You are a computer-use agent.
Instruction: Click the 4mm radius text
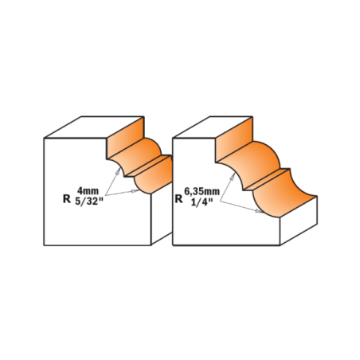click(x=88, y=191)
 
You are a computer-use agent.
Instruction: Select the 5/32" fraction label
click(x=88, y=201)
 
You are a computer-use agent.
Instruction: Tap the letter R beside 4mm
click(x=67, y=198)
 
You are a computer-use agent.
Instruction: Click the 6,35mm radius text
click(x=202, y=191)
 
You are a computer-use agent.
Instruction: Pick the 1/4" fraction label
click(x=202, y=202)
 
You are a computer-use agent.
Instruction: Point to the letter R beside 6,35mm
click(x=178, y=198)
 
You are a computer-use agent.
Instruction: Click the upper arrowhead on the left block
click(x=117, y=171)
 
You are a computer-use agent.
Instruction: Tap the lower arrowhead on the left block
click(x=135, y=191)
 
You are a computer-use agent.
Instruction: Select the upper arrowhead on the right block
click(x=233, y=176)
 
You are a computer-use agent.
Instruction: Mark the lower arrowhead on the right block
click(x=259, y=211)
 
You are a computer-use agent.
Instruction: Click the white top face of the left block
click(x=94, y=127)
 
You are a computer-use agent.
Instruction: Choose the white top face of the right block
click(x=213, y=127)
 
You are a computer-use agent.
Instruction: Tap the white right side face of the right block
click(x=299, y=221)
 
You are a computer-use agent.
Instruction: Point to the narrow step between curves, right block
click(x=266, y=179)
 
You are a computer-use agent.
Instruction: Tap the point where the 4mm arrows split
click(x=105, y=194)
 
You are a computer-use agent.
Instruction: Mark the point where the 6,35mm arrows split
click(x=220, y=202)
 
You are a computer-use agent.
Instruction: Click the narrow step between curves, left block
click(x=148, y=166)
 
